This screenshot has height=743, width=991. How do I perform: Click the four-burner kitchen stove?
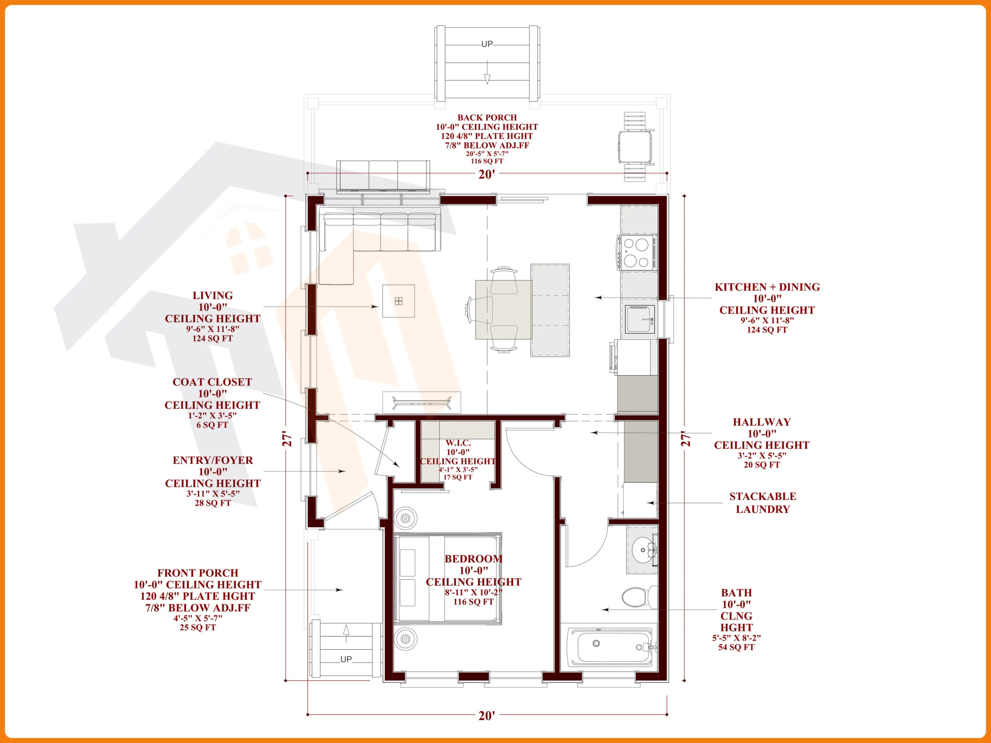[x=637, y=253]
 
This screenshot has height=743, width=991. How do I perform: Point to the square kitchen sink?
[x=640, y=319]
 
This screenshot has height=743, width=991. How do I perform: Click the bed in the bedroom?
[x=447, y=578]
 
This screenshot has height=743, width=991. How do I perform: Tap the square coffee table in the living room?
[x=398, y=301]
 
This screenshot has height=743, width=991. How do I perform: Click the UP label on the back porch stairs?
[x=487, y=44]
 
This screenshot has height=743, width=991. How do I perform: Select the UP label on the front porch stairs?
[x=346, y=659]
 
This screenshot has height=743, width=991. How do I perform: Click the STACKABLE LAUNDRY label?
[x=763, y=503]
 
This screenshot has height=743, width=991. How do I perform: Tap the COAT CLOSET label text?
[x=213, y=382]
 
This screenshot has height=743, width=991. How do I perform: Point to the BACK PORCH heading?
[x=487, y=117]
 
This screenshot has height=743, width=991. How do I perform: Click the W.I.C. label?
[x=458, y=442]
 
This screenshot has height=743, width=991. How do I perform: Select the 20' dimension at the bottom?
[x=487, y=716]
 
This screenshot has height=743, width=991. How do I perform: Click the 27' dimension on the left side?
[x=287, y=439]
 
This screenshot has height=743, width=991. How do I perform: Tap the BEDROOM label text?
[x=473, y=558]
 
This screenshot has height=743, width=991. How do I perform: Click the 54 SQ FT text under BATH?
[x=736, y=647]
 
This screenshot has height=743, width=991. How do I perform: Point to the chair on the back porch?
[x=635, y=147]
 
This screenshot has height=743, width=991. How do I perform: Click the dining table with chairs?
[x=503, y=310]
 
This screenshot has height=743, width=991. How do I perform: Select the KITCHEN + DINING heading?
[x=767, y=287]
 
